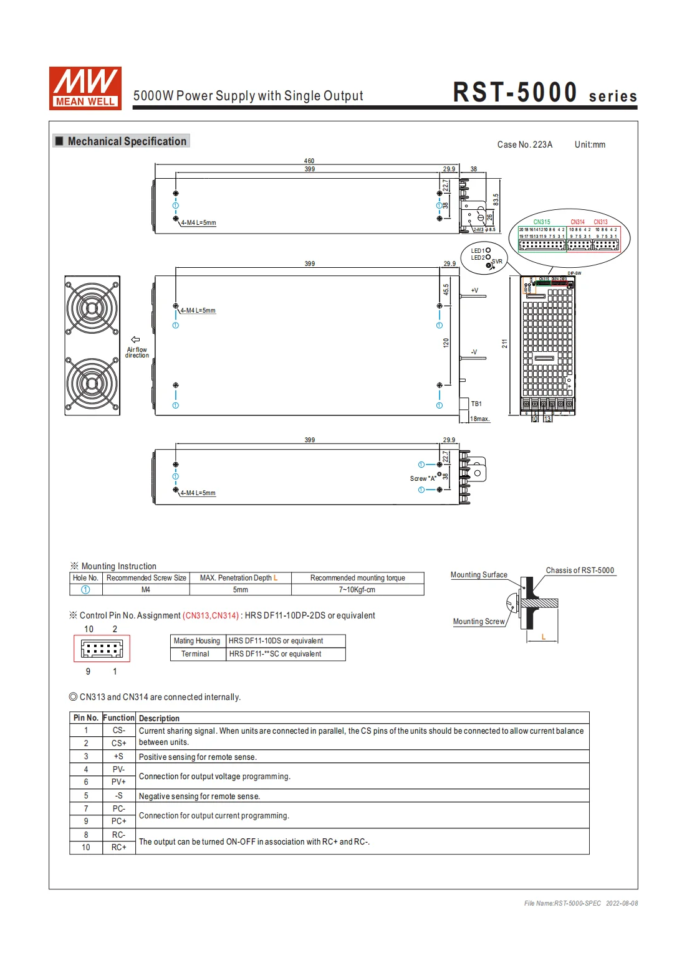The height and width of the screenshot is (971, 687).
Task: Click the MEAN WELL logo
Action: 85,88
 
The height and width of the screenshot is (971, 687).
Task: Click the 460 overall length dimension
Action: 309,161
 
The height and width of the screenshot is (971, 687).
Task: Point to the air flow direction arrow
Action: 135,340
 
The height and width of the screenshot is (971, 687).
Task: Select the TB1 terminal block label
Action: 476,404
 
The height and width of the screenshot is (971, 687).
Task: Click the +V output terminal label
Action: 474,290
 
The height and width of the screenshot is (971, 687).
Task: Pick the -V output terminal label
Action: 474,352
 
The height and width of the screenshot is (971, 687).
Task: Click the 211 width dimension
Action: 504,343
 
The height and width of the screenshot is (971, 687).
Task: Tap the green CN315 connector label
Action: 542,222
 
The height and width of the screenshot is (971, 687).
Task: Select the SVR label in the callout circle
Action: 497,262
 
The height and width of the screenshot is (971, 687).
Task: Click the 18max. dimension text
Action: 479,419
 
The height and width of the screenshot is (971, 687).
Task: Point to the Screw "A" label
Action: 423,479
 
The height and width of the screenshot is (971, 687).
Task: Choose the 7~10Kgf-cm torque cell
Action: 357,590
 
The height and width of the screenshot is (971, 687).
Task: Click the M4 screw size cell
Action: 146,590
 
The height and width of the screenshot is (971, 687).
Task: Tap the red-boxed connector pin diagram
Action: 102,649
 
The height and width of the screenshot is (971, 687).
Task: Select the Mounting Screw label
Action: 479,622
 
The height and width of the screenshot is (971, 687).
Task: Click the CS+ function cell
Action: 118,743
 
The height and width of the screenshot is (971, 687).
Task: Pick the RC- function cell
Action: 118,835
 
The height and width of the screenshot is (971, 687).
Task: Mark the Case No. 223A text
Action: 524,144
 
